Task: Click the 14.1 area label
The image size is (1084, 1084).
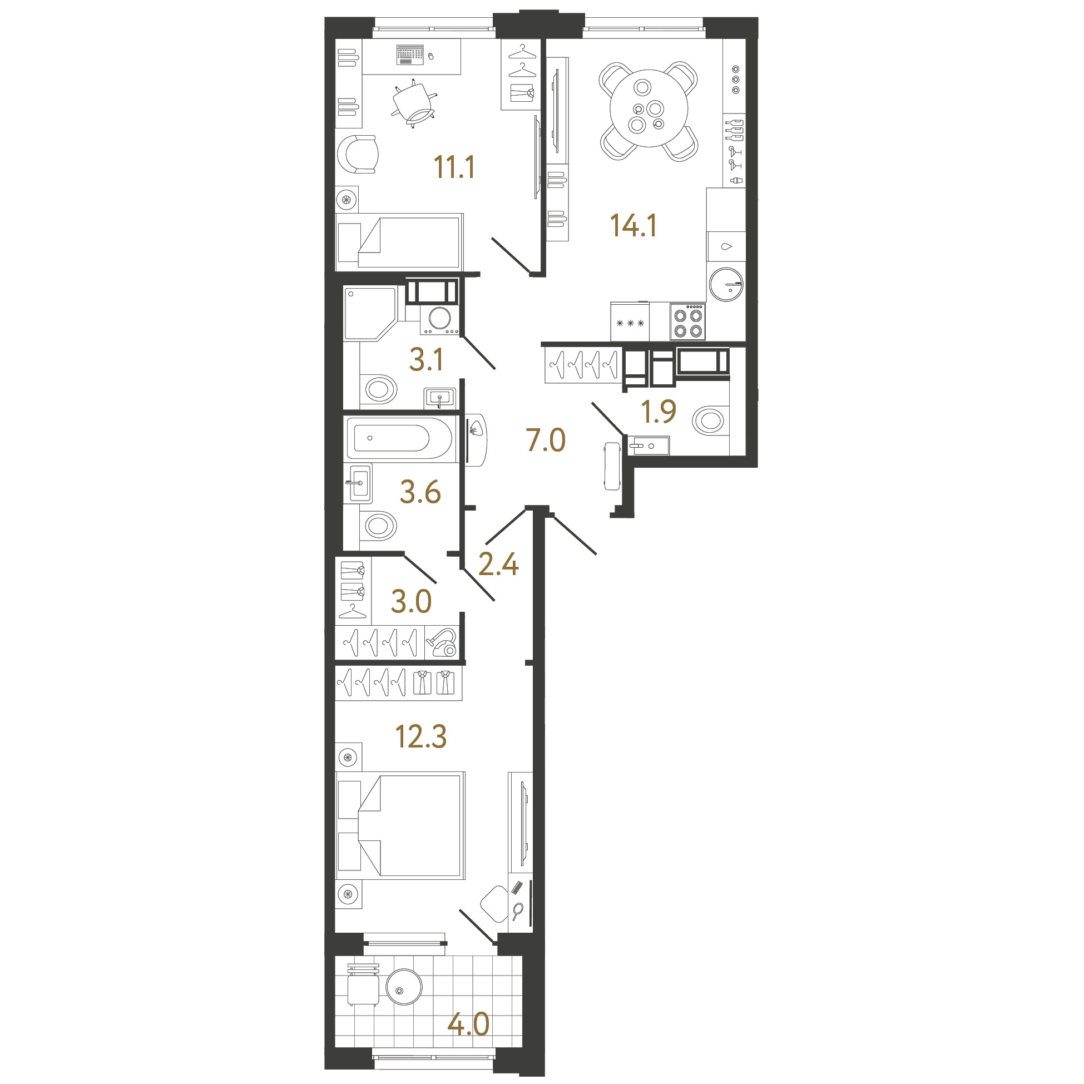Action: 633,225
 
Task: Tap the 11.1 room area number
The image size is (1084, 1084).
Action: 454,167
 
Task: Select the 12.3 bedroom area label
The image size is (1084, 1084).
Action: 421,737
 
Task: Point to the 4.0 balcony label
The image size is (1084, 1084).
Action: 468,1024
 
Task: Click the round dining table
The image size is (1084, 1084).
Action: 649,108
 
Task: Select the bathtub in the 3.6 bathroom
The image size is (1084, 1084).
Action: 399,438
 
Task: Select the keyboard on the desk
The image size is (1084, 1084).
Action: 410,55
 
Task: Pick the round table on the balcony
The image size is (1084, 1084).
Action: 404,987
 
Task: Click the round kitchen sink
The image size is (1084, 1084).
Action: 726,284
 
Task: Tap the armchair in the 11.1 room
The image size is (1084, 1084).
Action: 358,154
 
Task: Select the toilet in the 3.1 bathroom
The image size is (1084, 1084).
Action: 379,388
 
